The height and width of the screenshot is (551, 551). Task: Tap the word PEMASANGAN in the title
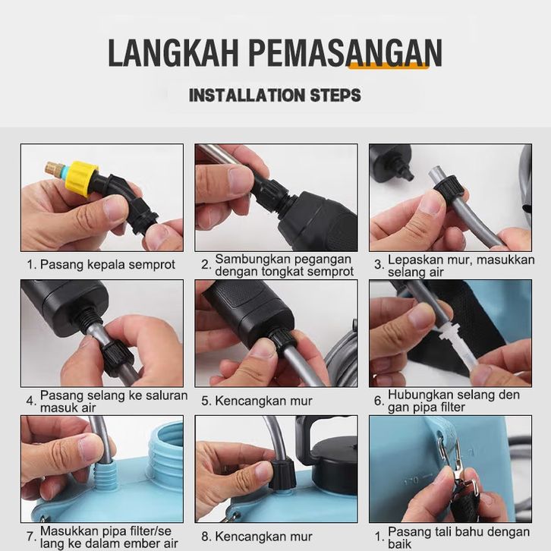[345, 52]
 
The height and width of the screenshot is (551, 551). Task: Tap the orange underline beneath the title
[389, 66]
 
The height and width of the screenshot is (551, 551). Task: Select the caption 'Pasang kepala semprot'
[107, 264]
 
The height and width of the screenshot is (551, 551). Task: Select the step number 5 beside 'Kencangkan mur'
[205, 401]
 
